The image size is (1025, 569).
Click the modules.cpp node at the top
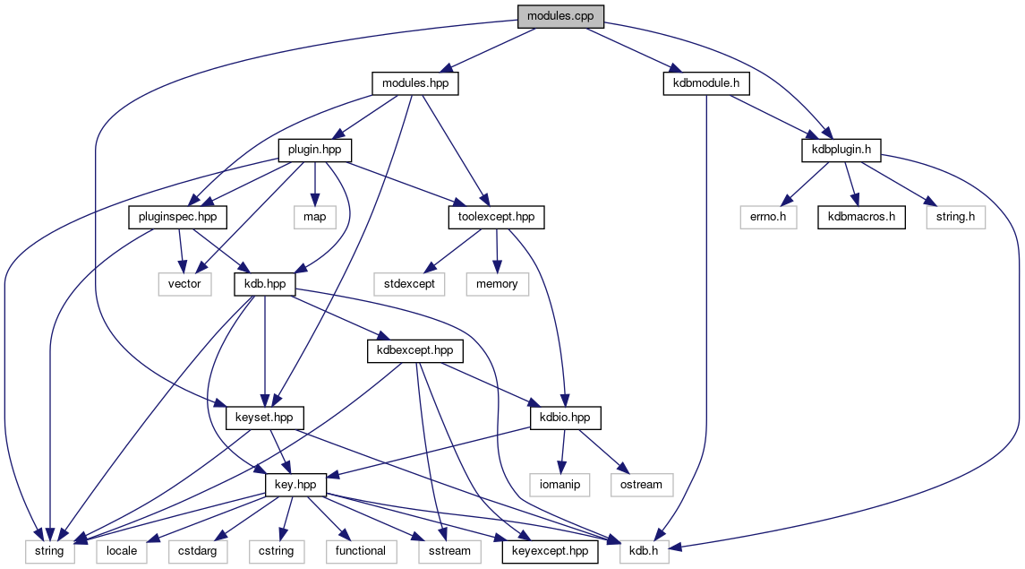pos(560,16)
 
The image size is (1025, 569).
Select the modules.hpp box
pos(414,83)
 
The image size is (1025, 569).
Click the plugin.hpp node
pos(314,150)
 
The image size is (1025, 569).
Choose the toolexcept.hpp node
pos(495,216)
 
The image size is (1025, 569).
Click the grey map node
pos(313,216)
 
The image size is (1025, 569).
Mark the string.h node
pos(955,216)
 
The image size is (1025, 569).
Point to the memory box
pos(497,283)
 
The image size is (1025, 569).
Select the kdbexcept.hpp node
pos(415,350)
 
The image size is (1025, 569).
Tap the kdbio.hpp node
pos(565,417)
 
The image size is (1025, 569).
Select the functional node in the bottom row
pos(360,550)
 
